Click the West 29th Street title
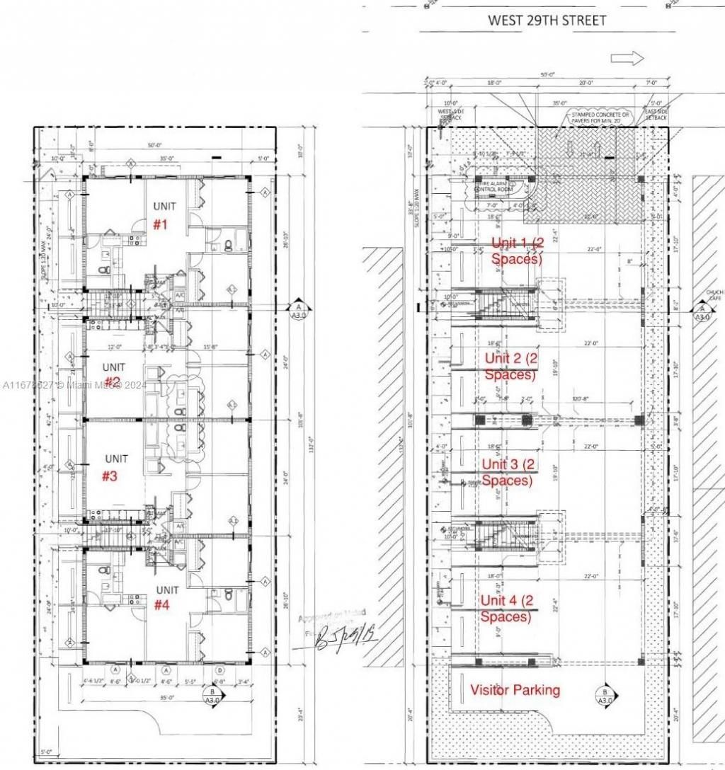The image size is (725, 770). pos(547,21)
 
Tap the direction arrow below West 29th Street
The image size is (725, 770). pos(627,58)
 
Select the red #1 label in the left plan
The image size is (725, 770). pos(161,224)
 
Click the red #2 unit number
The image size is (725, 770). pos(113,383)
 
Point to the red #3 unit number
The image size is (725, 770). pos(109,476)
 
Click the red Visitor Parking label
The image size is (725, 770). pos(515,689)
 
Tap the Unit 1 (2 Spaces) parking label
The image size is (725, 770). pos(517,251)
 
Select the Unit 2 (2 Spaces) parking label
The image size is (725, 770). pos(511,367)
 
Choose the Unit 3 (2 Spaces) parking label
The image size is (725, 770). pos(507,472)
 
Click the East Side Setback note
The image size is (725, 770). pos(656,114)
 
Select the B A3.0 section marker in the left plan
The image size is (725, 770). pos(212,695)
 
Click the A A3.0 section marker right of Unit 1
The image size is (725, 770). pos(299,307)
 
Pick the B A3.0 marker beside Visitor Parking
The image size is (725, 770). pos(605,696)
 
